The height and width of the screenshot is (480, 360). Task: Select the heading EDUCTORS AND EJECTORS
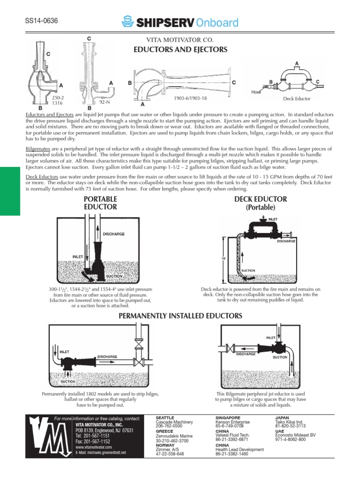[180, 49]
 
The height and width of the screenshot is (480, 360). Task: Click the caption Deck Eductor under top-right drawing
[297, 99]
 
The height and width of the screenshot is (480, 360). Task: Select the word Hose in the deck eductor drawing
[256, 92]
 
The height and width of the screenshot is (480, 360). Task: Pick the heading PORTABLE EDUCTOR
[100, 202]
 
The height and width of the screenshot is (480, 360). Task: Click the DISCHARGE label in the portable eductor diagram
[113, 233]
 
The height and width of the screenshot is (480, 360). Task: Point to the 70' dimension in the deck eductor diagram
[224, 258]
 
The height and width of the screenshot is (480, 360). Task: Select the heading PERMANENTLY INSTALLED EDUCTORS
[180, 316]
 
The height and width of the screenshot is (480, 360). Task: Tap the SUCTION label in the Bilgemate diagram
[280, 357]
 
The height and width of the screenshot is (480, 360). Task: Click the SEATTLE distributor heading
[165, 417]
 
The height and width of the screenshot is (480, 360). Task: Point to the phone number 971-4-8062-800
[291, 439]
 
